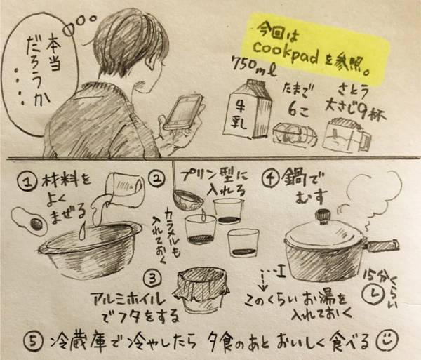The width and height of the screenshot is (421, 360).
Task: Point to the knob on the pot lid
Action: (323, 213)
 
